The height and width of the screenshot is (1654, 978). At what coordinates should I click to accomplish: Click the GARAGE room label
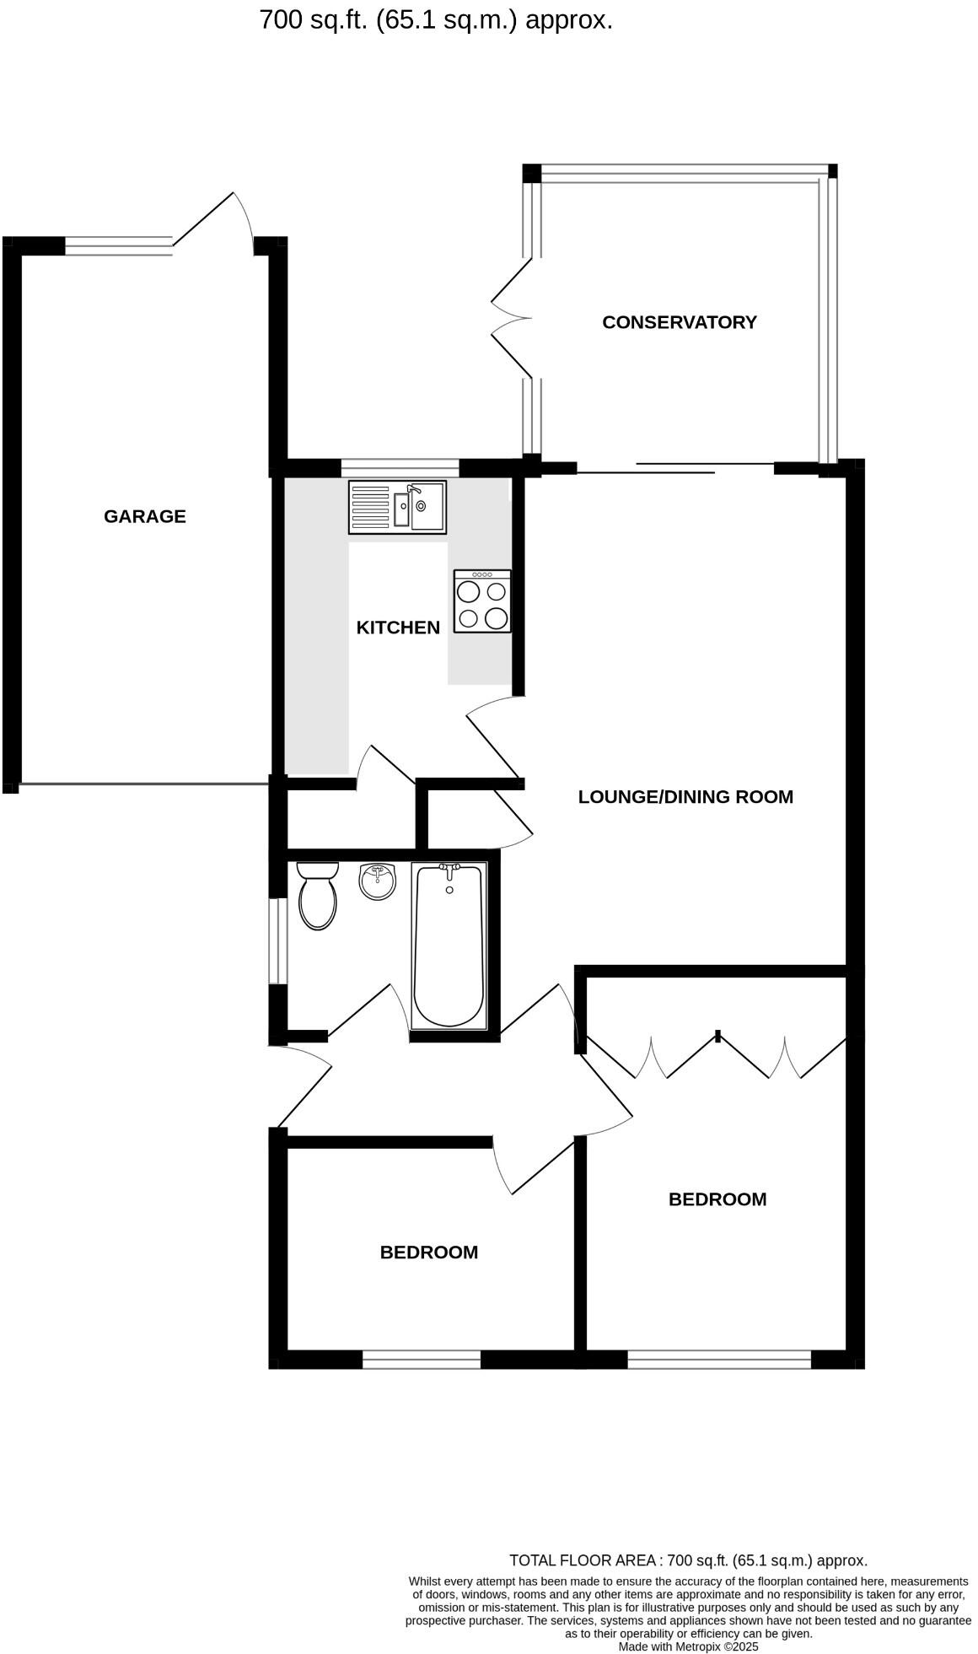tap(144, 516)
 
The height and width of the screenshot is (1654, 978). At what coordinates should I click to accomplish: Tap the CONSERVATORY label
tap(679, 322)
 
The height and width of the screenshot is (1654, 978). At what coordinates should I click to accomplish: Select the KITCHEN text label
tap(398, 628)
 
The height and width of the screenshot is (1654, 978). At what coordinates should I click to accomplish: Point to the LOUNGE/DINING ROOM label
tap(685, 797)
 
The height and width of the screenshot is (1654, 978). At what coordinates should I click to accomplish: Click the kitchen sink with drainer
tap(397, 507)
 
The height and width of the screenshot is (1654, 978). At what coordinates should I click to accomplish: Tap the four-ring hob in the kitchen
tap(482, 601)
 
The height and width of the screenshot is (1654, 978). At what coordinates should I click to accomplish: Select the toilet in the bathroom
tap(318, 897)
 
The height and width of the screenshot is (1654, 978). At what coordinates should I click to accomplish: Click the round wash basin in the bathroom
tap(377, 882)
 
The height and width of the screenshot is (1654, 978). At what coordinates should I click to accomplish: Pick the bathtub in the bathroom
tap(449, 944)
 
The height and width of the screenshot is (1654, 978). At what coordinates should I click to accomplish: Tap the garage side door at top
tap(213, 221)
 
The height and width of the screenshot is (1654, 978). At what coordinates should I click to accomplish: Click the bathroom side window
tap(277, 940)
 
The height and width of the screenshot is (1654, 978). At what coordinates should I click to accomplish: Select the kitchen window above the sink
tap(400, 467)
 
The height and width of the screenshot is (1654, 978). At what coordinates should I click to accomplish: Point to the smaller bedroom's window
tap(421, 1360)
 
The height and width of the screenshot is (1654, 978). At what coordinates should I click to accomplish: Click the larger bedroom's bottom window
tap(718, 1360)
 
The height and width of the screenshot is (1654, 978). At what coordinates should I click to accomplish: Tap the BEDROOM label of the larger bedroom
tap(717, 1199)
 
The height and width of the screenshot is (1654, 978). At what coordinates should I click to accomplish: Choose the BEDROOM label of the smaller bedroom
tap(428, 1253)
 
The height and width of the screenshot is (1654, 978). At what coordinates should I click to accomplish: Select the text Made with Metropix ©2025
tap(688, 1646)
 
